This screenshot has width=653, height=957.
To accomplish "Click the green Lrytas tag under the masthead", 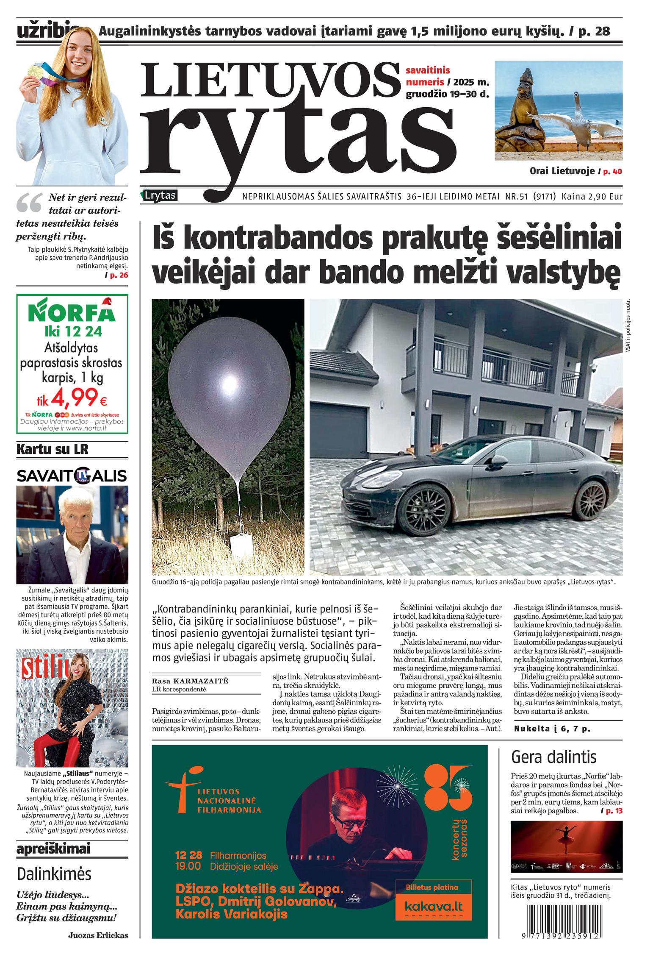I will (160, 196).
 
